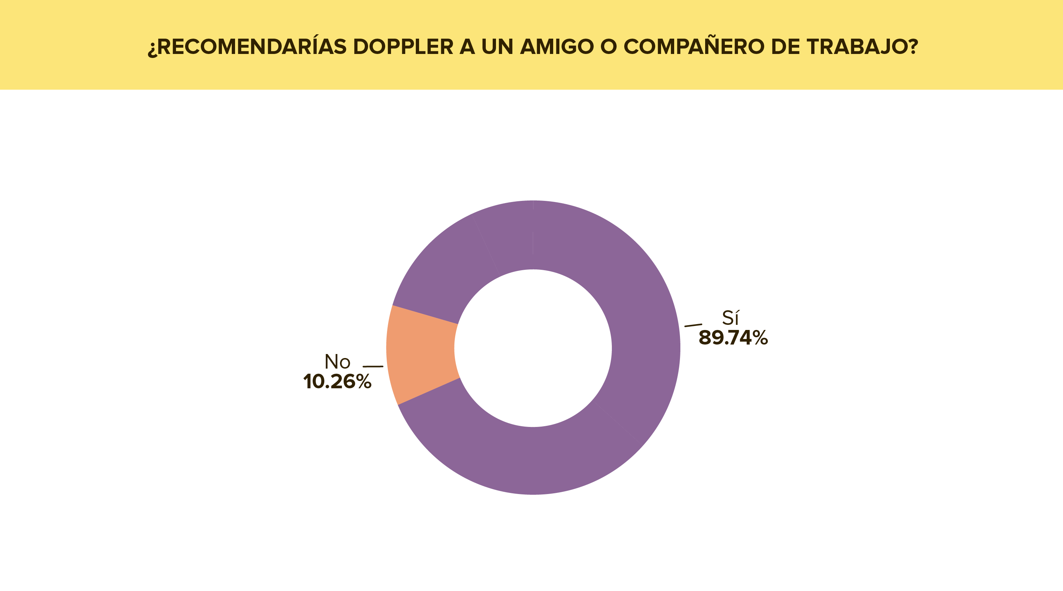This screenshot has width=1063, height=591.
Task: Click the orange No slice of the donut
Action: point(422,354)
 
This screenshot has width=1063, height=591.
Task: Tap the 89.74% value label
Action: point(733,338)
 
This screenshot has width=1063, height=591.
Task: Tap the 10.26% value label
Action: point(337,382)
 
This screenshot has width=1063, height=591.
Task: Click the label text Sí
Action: point(730,318)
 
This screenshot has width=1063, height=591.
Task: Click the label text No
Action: point(337,362)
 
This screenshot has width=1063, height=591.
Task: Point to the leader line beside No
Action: point(373,366)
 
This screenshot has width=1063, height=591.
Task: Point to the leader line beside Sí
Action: point(693,325)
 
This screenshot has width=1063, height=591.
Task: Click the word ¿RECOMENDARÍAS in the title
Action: point(247,47)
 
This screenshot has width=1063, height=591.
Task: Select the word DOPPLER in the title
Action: point(403,47)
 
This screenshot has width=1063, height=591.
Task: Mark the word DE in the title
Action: point(785,47)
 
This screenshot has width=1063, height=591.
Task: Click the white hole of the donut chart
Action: point(533,348)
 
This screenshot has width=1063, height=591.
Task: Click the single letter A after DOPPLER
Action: point(467,47)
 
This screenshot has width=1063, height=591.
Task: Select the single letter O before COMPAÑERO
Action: point(608,47)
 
